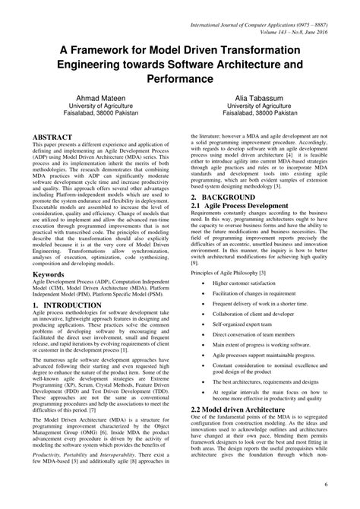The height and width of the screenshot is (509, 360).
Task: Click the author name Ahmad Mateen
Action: point(90,99)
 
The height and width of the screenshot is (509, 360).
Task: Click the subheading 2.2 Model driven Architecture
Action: point(242,409)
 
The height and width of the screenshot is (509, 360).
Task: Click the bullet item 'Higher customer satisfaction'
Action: point(252,282)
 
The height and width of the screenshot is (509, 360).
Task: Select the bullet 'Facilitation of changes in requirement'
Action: point(263,292)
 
